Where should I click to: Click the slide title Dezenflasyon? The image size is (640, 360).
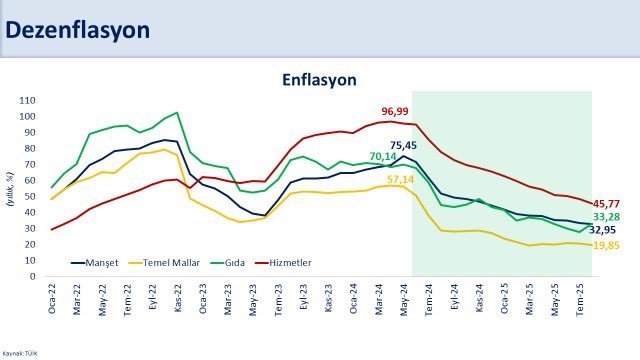click(x=78, y=30)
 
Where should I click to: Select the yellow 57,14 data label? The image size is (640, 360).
click(x=401, y=179)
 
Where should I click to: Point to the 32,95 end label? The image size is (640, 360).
click(x=603, y=230)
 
